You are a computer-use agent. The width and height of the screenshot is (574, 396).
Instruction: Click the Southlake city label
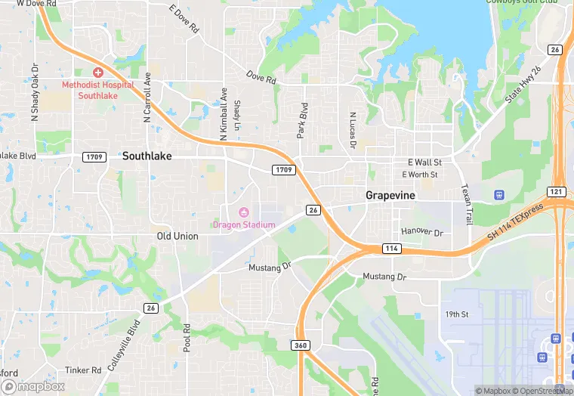point(147,156)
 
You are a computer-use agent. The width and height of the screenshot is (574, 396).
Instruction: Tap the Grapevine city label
point(390,195)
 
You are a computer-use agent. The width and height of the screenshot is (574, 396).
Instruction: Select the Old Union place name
point(177,237)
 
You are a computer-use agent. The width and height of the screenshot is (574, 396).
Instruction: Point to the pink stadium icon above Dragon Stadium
point(243,212)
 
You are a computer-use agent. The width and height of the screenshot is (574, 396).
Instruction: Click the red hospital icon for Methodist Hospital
point(98,72)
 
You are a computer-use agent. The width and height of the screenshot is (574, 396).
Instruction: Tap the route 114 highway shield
point(391,249)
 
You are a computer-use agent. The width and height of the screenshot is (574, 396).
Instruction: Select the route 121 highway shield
point(557,192)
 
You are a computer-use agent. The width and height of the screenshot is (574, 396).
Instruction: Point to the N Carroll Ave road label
point(147,97)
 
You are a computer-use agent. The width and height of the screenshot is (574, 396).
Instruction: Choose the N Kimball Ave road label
point(224,114)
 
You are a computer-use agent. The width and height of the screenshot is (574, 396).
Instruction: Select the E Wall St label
point(424,162)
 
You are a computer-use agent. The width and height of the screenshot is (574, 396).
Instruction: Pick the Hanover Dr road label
point(421,231)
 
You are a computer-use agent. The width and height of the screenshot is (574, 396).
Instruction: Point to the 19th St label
point(457,314)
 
